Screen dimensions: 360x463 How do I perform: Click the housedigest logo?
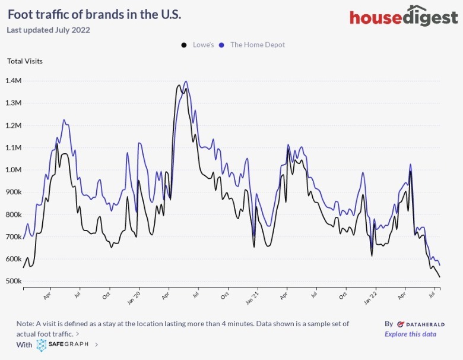click(x=404, y=17)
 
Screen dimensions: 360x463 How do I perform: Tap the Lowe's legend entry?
click(x=199, y=45)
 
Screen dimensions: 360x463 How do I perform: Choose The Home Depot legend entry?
click(x=253, y=45)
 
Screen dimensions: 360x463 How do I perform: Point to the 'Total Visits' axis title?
click(x=25, y=61)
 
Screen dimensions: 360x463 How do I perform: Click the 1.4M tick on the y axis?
click(x=13, y=81)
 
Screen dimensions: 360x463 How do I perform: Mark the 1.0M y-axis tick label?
click(x=13, y=170)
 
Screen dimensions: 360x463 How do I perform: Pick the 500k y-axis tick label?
click(x=13, y=281)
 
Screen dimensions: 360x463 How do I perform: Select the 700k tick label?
click(x=13, y=236)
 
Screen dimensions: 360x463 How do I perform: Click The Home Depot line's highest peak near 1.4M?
click(x=186, y=81)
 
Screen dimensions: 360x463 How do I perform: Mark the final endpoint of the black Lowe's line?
click(x=440, y=277)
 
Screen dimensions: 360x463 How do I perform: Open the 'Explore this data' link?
click(x=410, y=334)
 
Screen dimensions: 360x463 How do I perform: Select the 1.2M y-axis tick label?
click(x=13, y=125)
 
